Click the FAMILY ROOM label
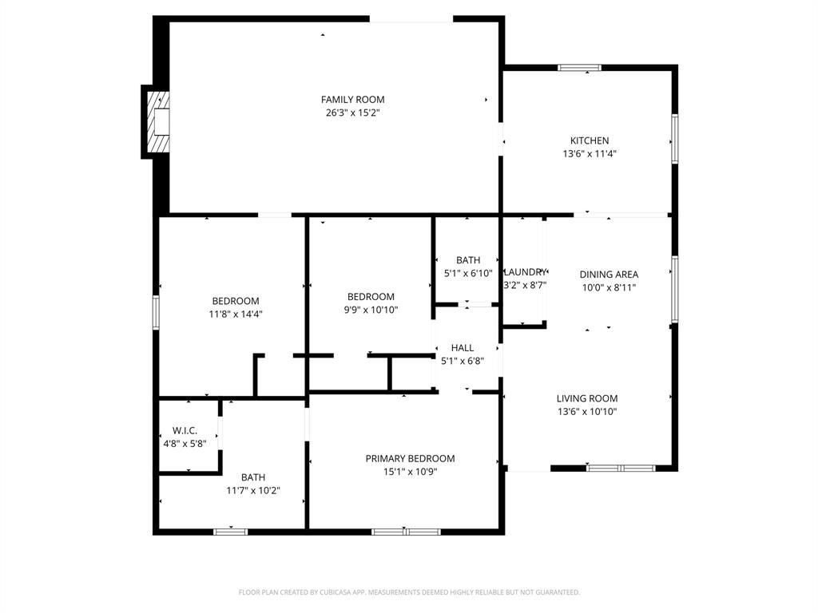point(352,100)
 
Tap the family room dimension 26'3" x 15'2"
point(352,113)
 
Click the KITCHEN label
point(589,141)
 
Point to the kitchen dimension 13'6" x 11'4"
point(589,154)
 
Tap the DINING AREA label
point(608,275)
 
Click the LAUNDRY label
point(525,272)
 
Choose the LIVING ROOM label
point(587,399)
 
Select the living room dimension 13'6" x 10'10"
point(587,412)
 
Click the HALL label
point(462,348)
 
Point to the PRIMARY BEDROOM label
point(410,459)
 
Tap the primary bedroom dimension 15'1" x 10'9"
point(410,472)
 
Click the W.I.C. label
point(185,431)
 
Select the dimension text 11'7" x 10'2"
point(252,491)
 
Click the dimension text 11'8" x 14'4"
point(235,314)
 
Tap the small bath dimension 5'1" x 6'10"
point(468,273)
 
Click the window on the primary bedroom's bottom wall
point(406,531)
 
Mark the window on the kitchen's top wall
point(580,68)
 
